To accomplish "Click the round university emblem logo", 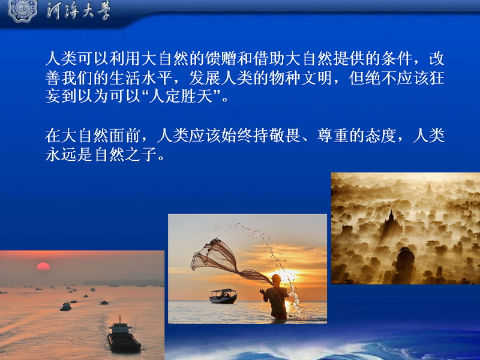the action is (x=22, y=10).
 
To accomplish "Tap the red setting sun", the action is (x=43, y=266).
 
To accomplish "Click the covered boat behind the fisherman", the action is (x=223, y=296).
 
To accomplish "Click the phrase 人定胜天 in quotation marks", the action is (x=181, y=96).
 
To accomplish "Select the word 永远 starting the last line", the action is (x=61, y=155).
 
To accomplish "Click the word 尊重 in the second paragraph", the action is (x=333, y=136).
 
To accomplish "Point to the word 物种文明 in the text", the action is (x=301, y=78).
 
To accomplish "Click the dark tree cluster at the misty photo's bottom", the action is (x=404, y=264).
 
